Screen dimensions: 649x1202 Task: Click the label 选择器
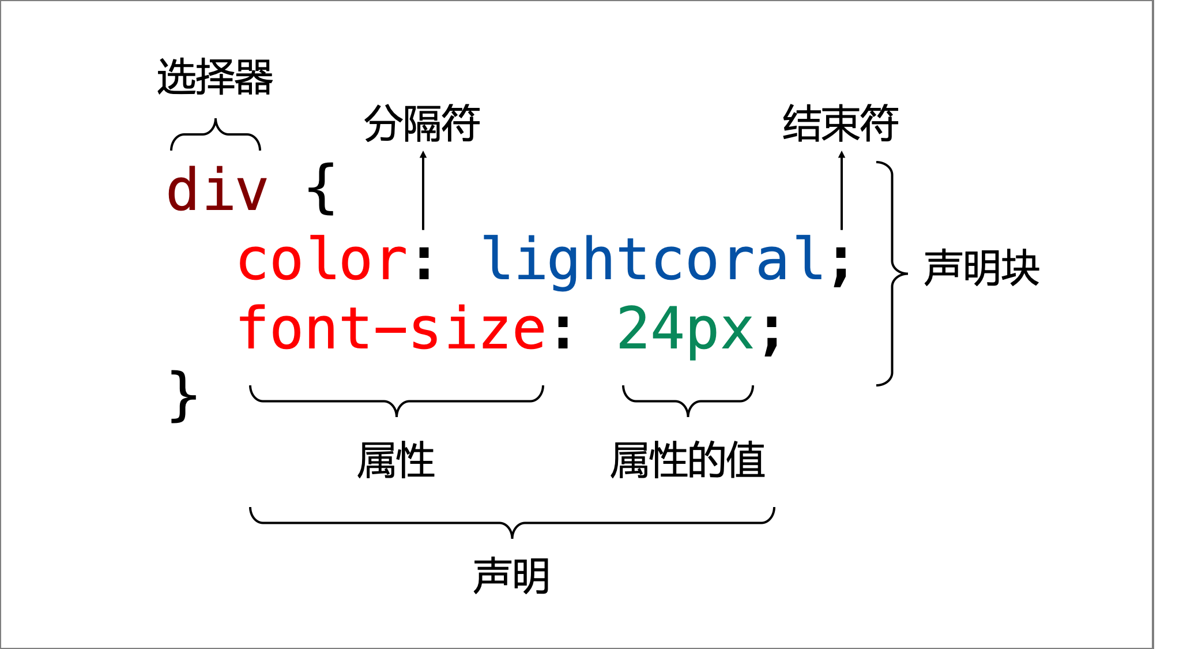[x=215, y=77]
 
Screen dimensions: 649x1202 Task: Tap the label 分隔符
[x=422, y=123]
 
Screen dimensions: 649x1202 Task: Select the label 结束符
[x=841, y=123]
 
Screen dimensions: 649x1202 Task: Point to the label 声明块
[x=981, y=268]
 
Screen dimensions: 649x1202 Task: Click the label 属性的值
[x=688, y=460]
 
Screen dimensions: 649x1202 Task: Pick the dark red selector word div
[x=217, y=189]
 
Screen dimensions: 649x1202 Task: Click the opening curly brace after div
[x=321, y=189]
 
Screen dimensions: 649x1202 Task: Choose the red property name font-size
[x=391, y=329]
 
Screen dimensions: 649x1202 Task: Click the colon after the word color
[x=425, y=262]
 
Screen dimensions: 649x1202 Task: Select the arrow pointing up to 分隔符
[x=423, y=190]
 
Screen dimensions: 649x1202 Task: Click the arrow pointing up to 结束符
[x=842, y=190]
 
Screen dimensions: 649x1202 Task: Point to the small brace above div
[x=216, y=135]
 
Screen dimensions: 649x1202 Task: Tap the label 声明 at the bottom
[x=511, y=576]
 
